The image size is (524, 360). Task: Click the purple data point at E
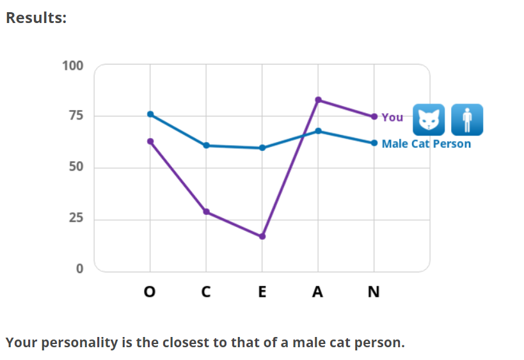(262, 237)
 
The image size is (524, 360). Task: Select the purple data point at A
(318, 100)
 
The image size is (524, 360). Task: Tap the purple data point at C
(206, 212)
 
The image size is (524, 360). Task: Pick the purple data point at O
(150, 141)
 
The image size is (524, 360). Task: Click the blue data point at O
(150, 114)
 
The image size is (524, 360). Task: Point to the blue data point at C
(206, 145)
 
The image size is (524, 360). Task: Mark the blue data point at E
(262, 148)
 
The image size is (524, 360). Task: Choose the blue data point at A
(318, 131)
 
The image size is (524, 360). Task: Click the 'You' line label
(392, 117)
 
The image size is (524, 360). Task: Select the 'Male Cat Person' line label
(426, 143)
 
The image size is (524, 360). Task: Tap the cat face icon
(429, 120)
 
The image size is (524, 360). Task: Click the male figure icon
(467, 120)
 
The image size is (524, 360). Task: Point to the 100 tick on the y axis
(73, 65)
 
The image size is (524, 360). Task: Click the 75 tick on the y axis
(76, 116)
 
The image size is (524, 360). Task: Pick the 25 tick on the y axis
(76, 219)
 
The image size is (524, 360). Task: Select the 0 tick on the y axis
(80, 269)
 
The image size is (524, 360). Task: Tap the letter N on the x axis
(374, 292)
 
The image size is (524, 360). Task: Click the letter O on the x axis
(150, 292)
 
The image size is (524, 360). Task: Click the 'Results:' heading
(36, 17)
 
